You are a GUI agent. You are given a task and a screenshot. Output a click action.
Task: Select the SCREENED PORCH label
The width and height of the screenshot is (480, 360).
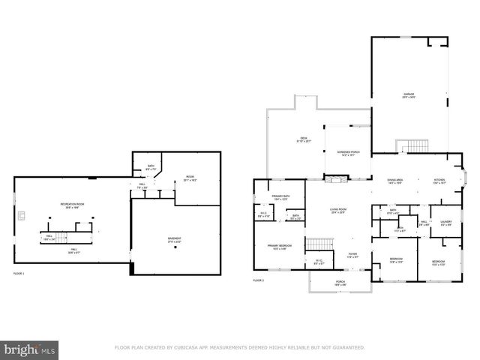tap(346, 154)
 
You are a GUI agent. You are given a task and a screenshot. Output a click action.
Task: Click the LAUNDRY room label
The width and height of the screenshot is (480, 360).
tap(445, 222)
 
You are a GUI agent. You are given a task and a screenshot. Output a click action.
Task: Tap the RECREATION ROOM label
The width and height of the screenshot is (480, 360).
tap(73, 205)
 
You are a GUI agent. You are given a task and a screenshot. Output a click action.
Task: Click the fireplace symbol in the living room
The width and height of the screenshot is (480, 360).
tap(336, 179)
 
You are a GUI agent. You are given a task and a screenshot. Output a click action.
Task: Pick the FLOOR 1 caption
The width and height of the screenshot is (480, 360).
tap(19, 274)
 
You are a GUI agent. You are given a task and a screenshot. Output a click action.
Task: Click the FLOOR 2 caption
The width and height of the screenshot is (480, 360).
tap(259, 280)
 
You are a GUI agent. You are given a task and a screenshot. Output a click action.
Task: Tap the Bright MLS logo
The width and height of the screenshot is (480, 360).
tap(30, 349)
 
